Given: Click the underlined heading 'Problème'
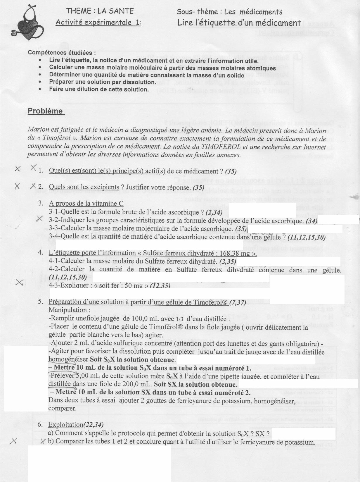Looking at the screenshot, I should coord(45,111).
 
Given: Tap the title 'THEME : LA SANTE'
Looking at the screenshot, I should coord(100,11).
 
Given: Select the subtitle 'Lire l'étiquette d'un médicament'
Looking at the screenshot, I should coord(239,23).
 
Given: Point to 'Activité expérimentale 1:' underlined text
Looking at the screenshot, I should coord(98,22).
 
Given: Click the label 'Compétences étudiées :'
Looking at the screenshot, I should coord(62,53).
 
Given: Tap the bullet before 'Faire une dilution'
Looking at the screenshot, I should coord(40,89).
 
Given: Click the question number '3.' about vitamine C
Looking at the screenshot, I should coord(41,204).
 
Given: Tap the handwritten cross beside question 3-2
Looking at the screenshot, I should coord(39,219).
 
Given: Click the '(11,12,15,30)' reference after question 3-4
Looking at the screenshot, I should coord(307,237).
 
